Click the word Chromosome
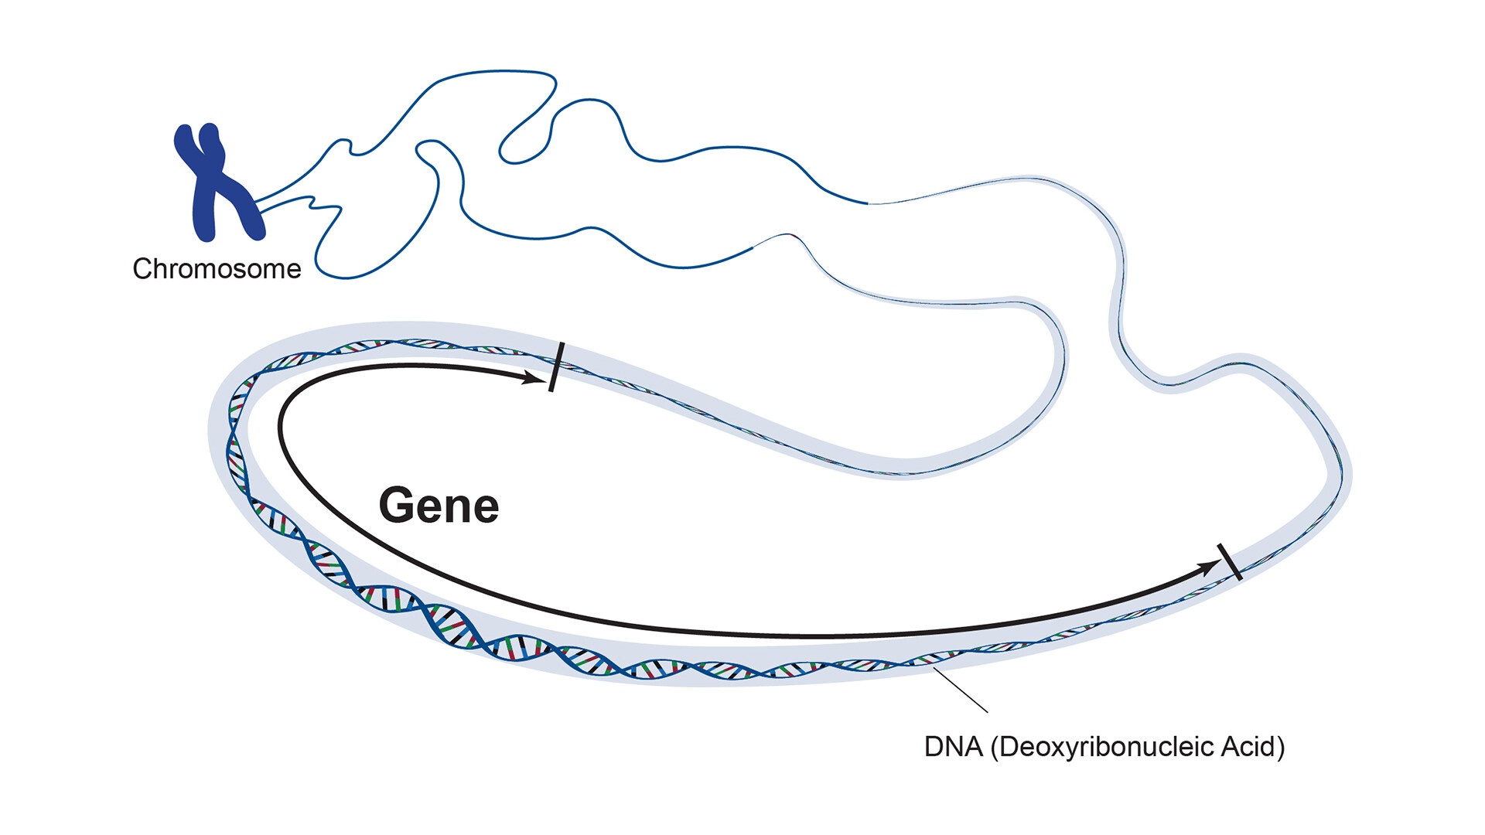coord(217,269)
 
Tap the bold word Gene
coord(439,506)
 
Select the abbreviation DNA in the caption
coord(953,747)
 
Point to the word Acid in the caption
coord(1248,747)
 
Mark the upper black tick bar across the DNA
coord(556,367)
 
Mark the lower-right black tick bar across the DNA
coord(1230,562)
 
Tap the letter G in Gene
coord(396,506)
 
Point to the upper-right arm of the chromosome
coord(212,144)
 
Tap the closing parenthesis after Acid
coord(1280,748)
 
